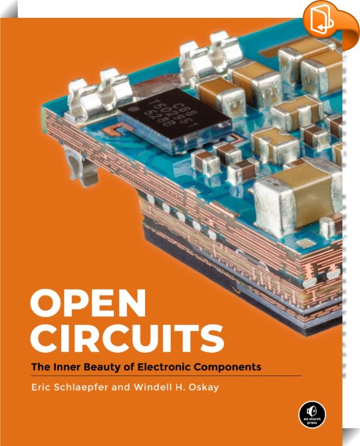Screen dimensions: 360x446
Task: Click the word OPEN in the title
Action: pyautogui.click(x=88, y=304)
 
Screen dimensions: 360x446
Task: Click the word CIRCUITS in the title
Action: pyautogui.click(x=127, y=339)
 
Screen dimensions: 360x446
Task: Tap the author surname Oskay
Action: pyautogui.click(x=204, y=387)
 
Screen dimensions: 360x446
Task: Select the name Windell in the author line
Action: pyautogui.click(x=152, y=387)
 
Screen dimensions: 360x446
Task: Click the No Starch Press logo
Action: pyautogui.click(x=312, y=414)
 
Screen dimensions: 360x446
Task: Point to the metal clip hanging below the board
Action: pyautogui.click(x=81, y=165)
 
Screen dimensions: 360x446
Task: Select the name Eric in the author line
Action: pyautogui.click(x=41, y=387)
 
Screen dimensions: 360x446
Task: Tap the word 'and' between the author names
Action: pyautogui.click(x=120, y=387)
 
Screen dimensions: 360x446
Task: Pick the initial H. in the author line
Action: pyautogui.click(x=178, y=387)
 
